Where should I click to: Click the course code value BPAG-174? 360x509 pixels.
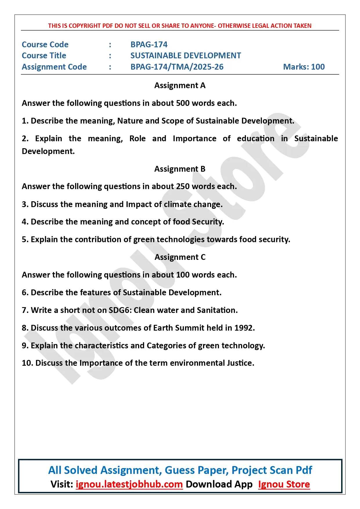coord(149,44)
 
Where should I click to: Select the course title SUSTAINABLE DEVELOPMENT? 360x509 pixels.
coord(186,55)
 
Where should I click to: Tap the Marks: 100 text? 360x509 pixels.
coord(304,67)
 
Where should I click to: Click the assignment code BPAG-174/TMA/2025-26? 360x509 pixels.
coord(177,67)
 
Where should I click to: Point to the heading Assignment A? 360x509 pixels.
coord(180,85)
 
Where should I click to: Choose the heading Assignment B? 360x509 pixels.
coord(180,169)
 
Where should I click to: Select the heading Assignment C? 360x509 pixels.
coord(180,257)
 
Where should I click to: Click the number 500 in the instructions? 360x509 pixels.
coord(183,103)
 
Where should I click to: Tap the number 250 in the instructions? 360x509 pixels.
coord(183,186)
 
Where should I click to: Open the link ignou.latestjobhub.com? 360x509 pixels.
coord(129,484)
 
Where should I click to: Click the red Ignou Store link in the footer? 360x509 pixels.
coord(284,484)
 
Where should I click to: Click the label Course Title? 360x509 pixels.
coord(44,55)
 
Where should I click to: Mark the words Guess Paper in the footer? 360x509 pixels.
coord(197,470)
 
